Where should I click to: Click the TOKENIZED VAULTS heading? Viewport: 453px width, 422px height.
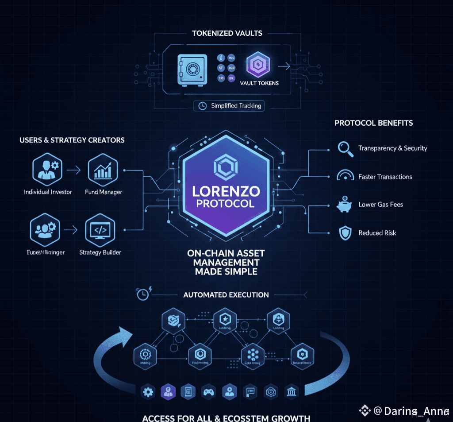click(x=227, y=33)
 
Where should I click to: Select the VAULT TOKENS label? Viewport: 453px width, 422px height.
click(x=259, y=83)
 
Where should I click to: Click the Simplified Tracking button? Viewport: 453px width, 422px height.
click(x=230, y=106)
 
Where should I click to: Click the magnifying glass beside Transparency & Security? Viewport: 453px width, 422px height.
click(x=345, y=148)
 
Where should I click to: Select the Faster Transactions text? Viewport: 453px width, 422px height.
click(x=385, y=177)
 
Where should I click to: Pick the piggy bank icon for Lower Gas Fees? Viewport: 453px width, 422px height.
click(x=345, y=205)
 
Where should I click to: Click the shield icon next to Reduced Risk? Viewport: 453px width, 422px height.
click(x=345, y=233)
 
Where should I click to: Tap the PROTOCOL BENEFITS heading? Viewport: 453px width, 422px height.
click(x=373, y=123)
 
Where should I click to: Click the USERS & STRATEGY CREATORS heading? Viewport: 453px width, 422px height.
click(x=72, y=140)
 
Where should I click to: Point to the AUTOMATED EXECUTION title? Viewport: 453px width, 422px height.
click(x=226, y=294)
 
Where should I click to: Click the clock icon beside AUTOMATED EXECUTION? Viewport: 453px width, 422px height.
click(x=143, y=294)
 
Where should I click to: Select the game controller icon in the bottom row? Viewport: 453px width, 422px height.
click(x=208, y=391)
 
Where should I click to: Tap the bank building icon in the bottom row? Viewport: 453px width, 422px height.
click(x=292, y=391)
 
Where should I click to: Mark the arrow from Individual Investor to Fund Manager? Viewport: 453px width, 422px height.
click(x=75, y=170)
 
